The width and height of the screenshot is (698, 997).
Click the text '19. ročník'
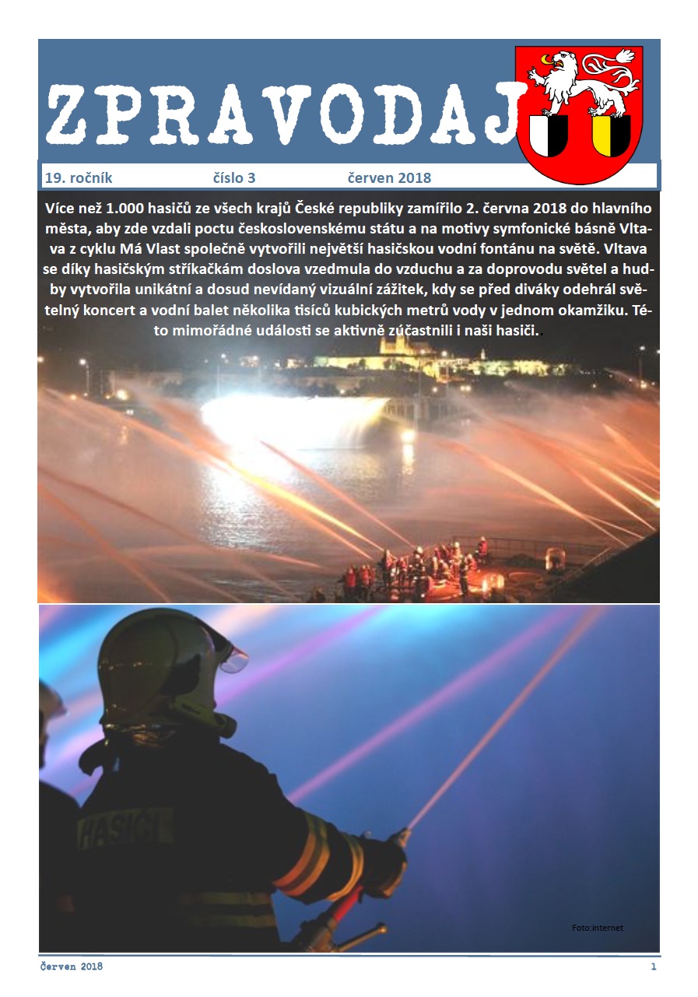click(79, 178)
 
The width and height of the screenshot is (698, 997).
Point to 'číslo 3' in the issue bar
click(234, 178)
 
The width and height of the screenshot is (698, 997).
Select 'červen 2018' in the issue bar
click(391, 178)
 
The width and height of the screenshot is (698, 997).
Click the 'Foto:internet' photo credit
click(598, 928)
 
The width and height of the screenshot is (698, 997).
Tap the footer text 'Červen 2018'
click(72, 967)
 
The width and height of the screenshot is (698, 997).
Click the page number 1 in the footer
click(654, 967)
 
